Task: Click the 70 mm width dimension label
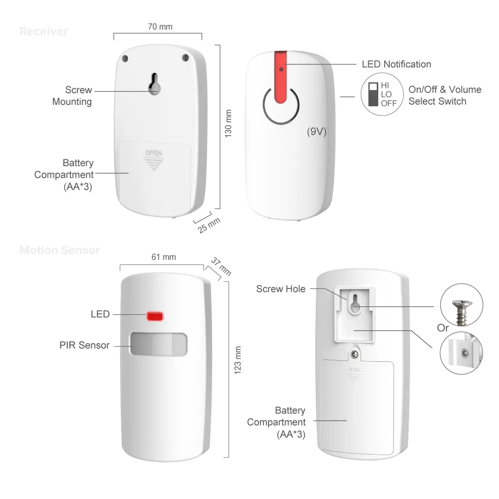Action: pyautogui.click(x=160, y=26)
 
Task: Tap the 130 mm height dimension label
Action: pyautogui.click(x=229, y=124)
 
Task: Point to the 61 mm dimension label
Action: pyautogui.click(x=164, y=257)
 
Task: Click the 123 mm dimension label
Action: pyautogui.click(x=238, y=360)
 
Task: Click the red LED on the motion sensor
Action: pyautogui.click(x=155, y=316)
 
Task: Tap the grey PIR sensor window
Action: pyautogui.click(x=159, y=345)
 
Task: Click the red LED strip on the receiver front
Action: pyautogui.click(x=281, y=75)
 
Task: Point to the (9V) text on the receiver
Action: pyautogui.click(x=316, y=133)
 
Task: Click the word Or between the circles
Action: pyautogui.click(x=443, y=328)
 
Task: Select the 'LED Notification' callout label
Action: pyautogui.click(x=396, y=64)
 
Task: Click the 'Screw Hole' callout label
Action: pyautogui.click(x=280, y=289)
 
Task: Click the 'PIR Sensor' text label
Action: pyautogui.click(x=84, y=345)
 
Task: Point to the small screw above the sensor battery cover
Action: pyautogui.click(x=354, y=354)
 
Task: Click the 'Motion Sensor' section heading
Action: pyautogui.click(x=59, y=250)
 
